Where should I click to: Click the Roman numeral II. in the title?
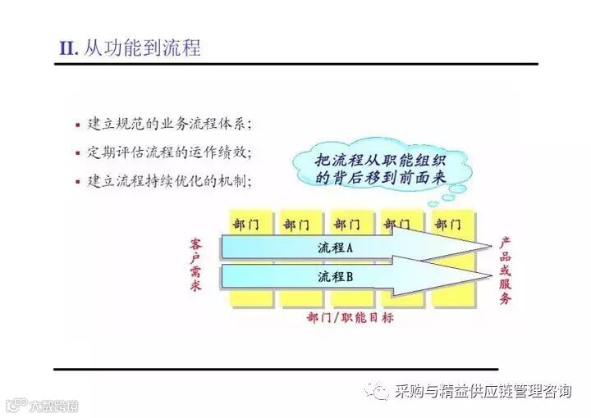(68, 48)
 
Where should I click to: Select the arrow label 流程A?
(335, 247)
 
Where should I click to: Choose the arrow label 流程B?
(335, 276)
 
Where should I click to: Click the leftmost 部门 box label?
(246, 224)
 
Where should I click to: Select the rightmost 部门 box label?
(447, 224)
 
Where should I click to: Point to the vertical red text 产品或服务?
(506, 270)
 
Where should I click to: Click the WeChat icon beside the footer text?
(378, 391)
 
